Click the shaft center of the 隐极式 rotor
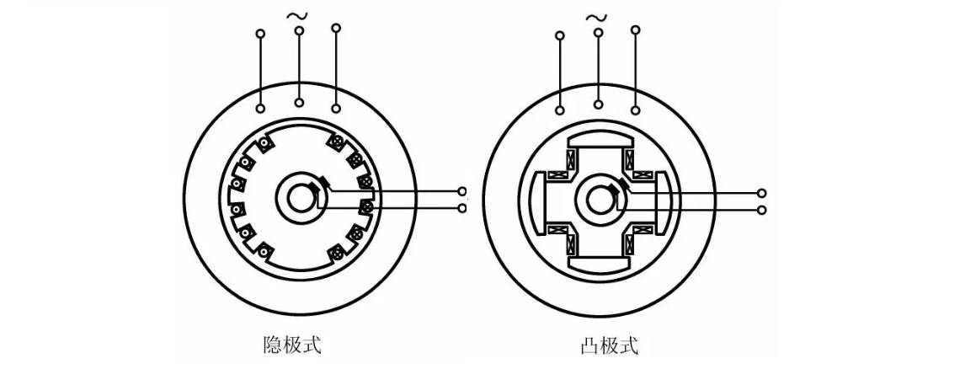point(298,200)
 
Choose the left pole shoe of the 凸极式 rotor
point(536,201)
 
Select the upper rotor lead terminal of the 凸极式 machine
point(763,193)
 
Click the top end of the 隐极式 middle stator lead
point(299,30)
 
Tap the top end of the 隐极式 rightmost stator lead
point(336,29)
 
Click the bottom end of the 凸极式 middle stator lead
point(598,104)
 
